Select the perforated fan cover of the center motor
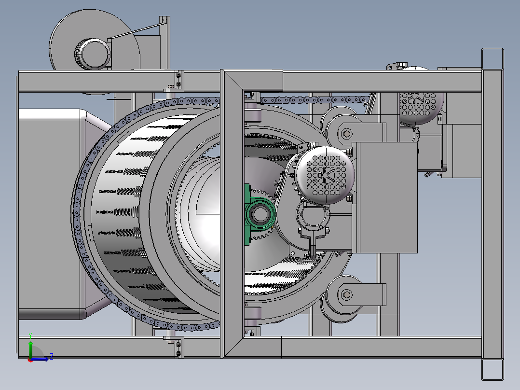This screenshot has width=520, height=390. pos(325,175)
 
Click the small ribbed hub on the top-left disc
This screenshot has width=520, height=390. pos(92,54)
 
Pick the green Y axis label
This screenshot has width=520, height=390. pos(30,335)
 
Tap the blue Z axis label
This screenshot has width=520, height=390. pos(52,357)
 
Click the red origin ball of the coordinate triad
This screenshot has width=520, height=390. pos(30,360)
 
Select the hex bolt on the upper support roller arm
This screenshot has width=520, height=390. pos(347,134)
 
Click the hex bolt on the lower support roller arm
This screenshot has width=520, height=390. pos(346,294)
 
